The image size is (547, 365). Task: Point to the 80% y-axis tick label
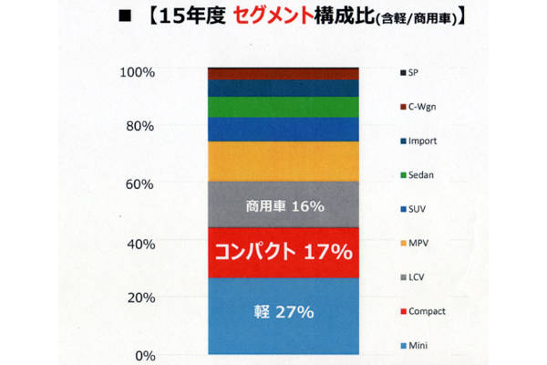pos(139,127)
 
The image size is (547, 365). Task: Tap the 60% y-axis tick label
pos(139,184)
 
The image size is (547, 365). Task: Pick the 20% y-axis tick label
pos(139,298)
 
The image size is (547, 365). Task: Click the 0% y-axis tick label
pos(143,356)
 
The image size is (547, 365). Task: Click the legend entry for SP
pos(415,72)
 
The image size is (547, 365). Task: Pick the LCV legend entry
pos(418,276)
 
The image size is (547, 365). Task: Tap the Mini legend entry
pos(418,346)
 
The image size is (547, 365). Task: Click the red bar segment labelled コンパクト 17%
pos(284,253)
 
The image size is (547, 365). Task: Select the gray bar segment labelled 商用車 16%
pos(284,206)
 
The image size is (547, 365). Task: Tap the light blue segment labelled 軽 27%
pos(284,312)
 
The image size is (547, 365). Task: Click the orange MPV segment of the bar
pos(284,162)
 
